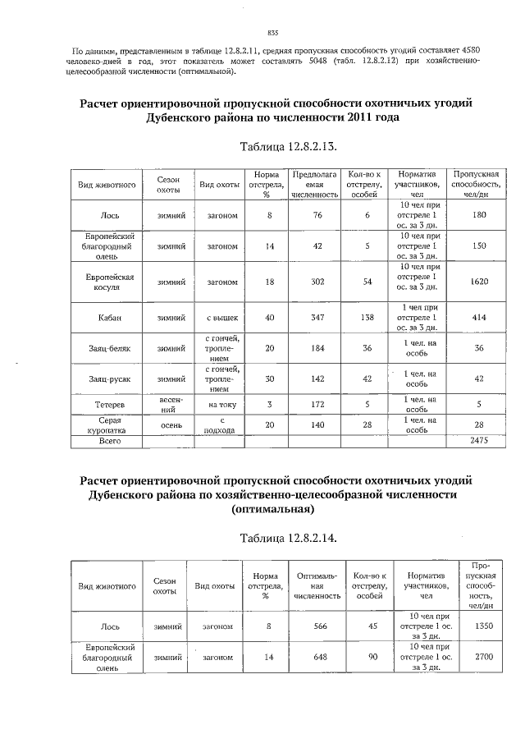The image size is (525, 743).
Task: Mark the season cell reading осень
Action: click(x=171, y=424)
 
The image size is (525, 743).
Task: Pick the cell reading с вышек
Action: click(x=221, y=316)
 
